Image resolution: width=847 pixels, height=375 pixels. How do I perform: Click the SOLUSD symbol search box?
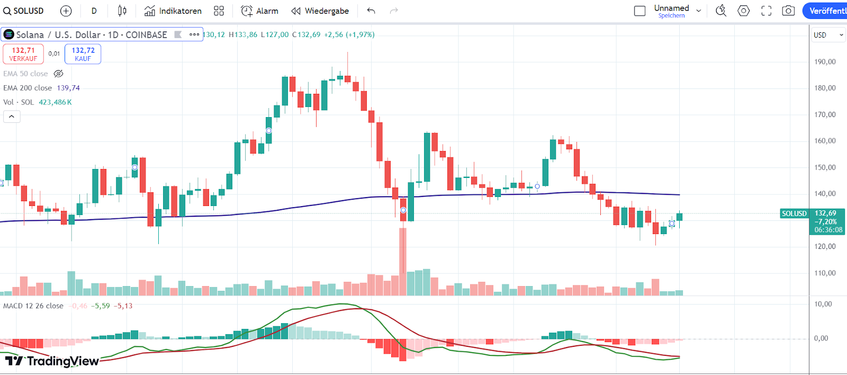[x=24, y=11]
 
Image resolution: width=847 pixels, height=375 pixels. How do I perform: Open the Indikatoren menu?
[x=173, y=11]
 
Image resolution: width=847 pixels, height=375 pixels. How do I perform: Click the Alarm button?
[x=259, y=11]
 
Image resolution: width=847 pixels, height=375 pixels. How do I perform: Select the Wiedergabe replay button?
[x=320, y=11]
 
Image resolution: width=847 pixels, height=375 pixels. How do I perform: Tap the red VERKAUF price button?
[x=23, y=54]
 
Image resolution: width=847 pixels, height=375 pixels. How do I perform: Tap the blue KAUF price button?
[x=83, y=54]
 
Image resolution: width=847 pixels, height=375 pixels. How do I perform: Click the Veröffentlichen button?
[x=826, y=11]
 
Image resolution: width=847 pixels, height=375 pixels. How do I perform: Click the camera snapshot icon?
[x=788, y=11]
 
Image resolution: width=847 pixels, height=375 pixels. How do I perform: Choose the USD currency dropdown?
[x=828, y=35]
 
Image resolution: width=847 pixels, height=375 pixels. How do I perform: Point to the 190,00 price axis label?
[x=825, y=61]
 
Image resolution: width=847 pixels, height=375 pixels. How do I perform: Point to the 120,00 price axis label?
[x=825, y=246]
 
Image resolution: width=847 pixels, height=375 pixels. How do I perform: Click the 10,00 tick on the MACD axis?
[x=823, y=304]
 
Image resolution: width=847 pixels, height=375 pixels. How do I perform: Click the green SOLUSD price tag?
[x=794, y=213]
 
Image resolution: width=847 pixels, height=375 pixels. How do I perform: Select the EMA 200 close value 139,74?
[x=68, y=88]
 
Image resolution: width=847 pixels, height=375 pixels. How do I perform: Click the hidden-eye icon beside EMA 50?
[x=59, y=74]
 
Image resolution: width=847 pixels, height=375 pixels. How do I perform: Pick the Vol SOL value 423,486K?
[x=55, y=102]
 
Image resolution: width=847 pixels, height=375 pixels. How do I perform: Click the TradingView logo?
[x=52, y=361]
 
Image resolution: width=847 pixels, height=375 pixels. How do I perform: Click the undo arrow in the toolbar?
[x=371, y=11]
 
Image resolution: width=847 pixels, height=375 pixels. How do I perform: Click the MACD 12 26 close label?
[x=33, y=306]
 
